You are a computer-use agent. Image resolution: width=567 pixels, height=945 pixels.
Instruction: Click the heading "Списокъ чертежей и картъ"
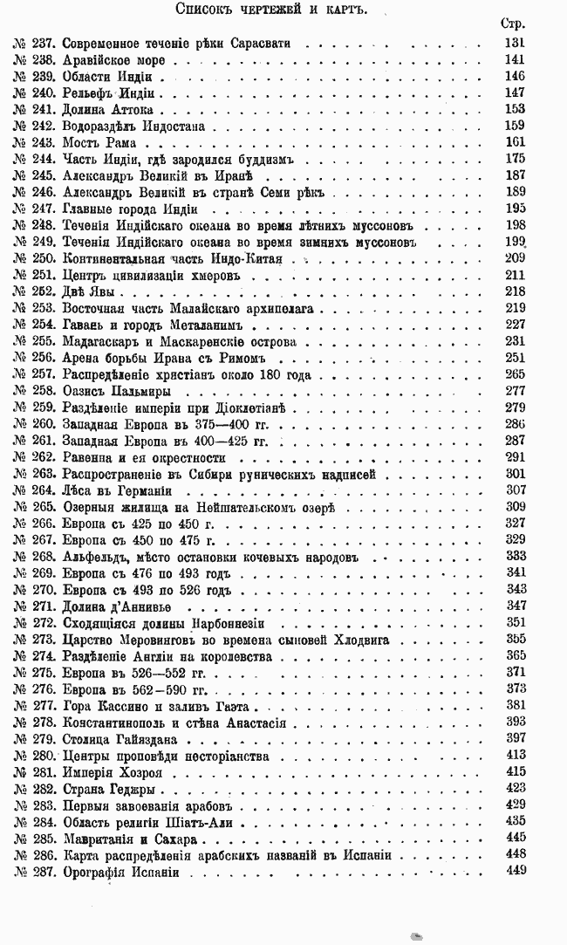[x=283, y=10]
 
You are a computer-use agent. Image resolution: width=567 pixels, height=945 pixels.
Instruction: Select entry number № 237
[x=35, y=43]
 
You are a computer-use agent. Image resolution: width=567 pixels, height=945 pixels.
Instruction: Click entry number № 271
[x=35, y=606]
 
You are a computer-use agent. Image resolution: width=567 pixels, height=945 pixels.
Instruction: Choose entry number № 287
[x=35, y=872]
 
